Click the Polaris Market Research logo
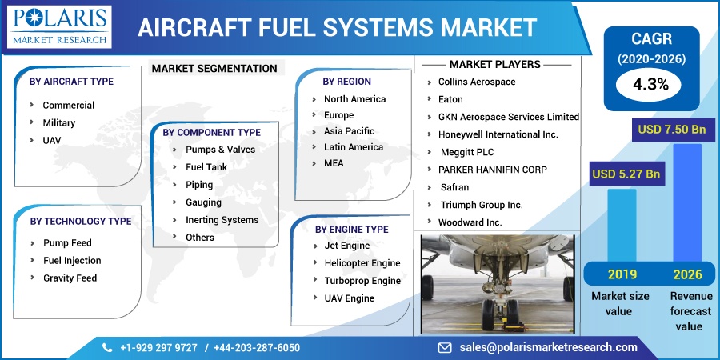click(x=60, y=27)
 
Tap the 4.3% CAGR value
click(x=650, y=84)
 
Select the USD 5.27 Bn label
click(x=626, y=174)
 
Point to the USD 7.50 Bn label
click(x=671, y=130)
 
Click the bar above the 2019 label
click(x=622, y=225)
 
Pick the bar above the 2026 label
click(x=687, y=203)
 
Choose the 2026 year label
click(x=687, y=274)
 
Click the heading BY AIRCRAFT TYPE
click(x=71, y=82)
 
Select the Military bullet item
click(x=58, y=123)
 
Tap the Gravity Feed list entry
click(x=70, y=278)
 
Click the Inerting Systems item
click(x=222, y=220)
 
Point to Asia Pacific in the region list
click(x=349, y=131)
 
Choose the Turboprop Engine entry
click(x=362, y=281)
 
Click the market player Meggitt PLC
click(x=467, y=152)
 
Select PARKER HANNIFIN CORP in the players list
click(x=493, y=170)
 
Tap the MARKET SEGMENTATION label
click(x=214, y=69)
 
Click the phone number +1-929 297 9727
click(x=158, y=348)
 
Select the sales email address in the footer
click(x=548, y=347)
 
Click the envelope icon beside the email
click(x=445, y=348)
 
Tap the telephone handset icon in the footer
click(x=107, y=348)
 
